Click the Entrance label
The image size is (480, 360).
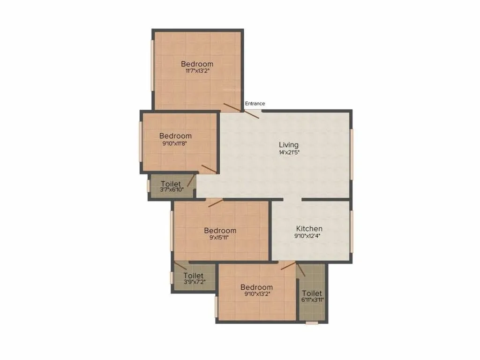pyautogui.click(x=255, y=104)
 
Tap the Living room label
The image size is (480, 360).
pyautogui.click(x=288, y=145)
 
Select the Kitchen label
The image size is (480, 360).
pyautogui.click(x=309, y=229)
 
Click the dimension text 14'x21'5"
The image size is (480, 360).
pyautogui.click(x=288, y=152)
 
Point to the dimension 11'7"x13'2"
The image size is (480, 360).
pyautogui.click(x=197, y=72)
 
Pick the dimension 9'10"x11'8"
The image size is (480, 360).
pyautogui.click(x=175, y=144)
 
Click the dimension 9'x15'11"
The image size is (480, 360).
pyautogui.click(x=220, y=238)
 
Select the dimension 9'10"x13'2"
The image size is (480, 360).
pyautogui.click(x=256, y=294)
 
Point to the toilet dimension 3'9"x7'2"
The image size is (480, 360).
pyautogui.click(x=193, y=283)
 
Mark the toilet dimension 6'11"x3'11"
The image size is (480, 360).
pyautogui.click(x=312, y=300)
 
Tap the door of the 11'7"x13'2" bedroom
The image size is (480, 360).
pyautogui.click(x=232, y=107)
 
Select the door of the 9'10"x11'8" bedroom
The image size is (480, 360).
pyautogui.click(x=209, y=169)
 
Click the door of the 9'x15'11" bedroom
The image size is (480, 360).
pyautogui.click(x=215, y=202)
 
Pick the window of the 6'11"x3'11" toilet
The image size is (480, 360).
pyautogui.click(x=311, y=322)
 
